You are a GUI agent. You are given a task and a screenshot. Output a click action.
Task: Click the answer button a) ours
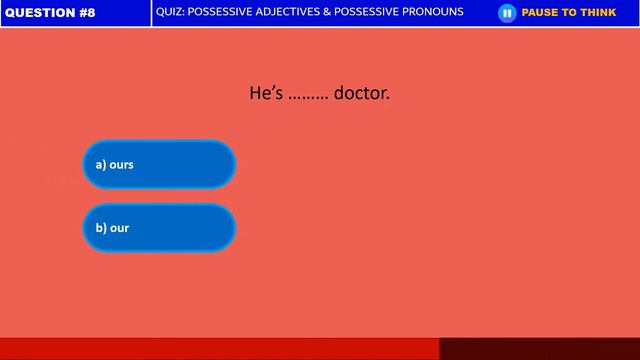(159, 164)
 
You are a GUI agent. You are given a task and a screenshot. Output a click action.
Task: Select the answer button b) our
(159, 228)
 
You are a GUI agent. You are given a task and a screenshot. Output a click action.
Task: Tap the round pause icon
(507, 13)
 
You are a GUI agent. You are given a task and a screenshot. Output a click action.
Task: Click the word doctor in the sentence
(361, 93)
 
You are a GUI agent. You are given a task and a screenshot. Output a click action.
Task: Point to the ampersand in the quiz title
(327, 12)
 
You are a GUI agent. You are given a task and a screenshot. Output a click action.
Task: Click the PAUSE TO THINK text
(569, 13)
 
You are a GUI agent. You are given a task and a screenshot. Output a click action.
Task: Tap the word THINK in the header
(598, 13)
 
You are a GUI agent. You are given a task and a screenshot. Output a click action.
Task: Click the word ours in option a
(121, 164)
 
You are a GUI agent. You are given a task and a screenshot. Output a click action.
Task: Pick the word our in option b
(119, 228)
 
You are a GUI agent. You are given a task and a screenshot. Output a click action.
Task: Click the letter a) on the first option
(101, 164)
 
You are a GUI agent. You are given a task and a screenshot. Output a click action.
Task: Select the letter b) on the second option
(101, 228)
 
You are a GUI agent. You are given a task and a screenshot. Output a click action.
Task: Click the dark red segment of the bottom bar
(539, 349)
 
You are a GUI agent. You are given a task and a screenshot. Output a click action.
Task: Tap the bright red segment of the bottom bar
(219, 349)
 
